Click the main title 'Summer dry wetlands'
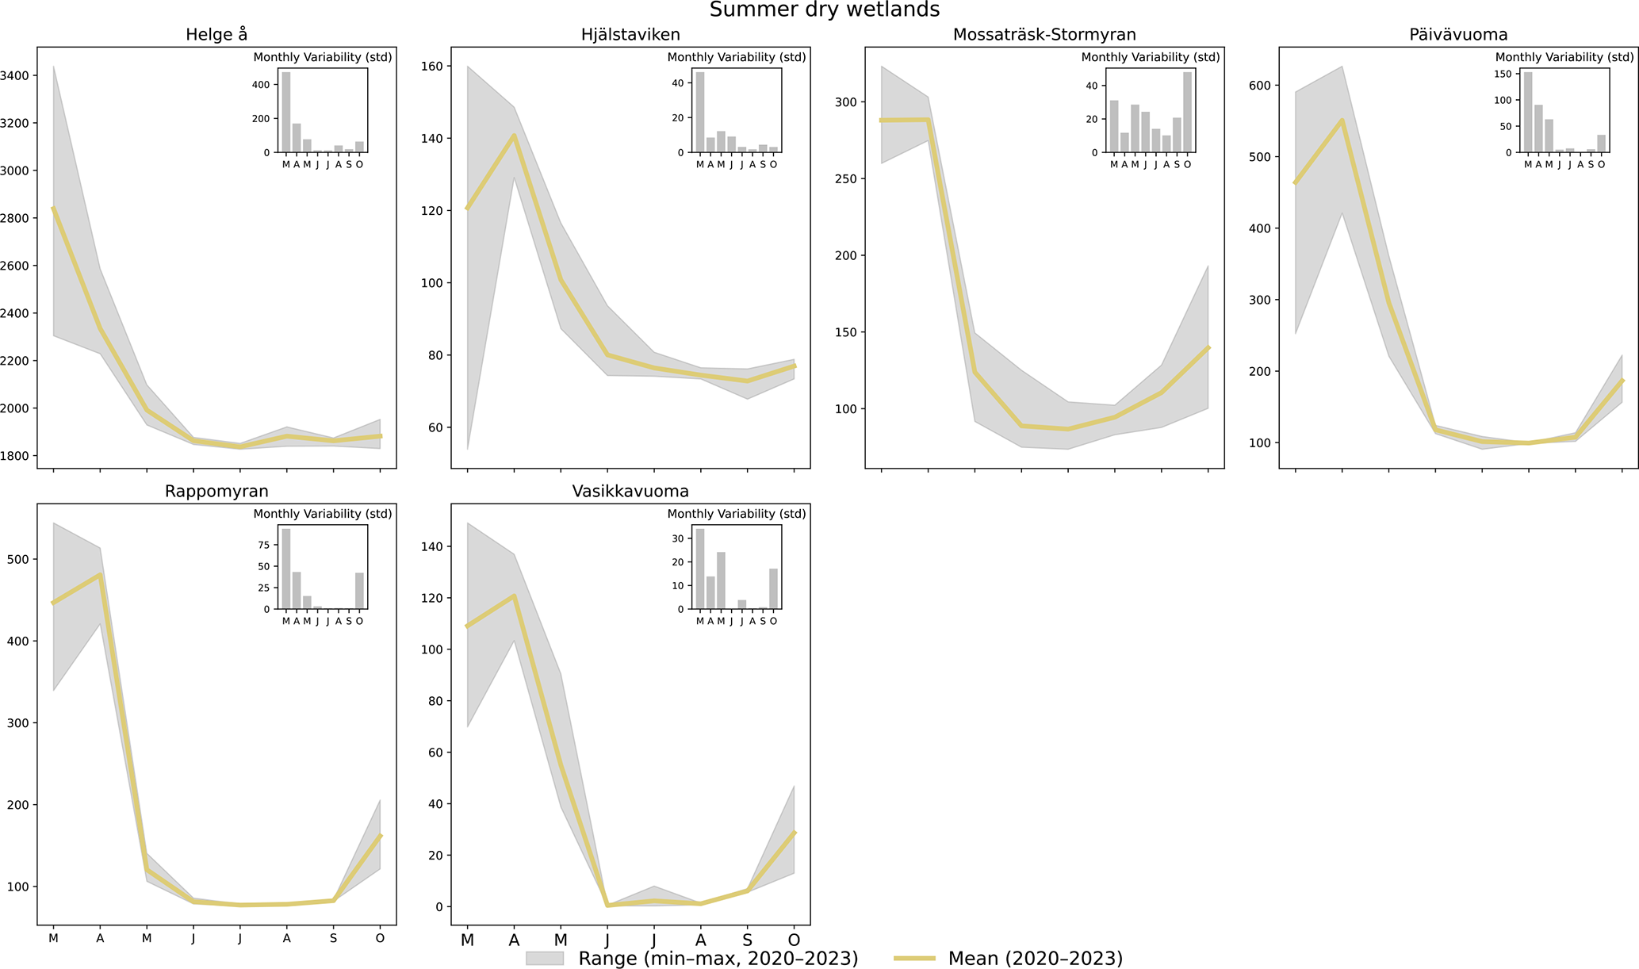point(824,10)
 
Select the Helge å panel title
point(216,35)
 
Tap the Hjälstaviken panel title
point(630,35)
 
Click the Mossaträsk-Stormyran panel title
point(1044,35)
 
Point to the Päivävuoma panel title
point(1458,35)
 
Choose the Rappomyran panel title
point(216,492)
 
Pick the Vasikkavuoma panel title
point(630,492)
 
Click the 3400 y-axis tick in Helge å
point(16,76)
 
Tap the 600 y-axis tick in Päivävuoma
point(1262,86)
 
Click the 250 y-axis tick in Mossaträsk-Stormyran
point(848,179)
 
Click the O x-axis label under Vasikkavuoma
point(794,940)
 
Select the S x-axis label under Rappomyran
point(333,939)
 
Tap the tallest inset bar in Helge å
point(286,112)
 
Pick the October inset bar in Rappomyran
point(359,591)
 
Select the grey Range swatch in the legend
point(544,959)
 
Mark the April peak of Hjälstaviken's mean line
point(514,136)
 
